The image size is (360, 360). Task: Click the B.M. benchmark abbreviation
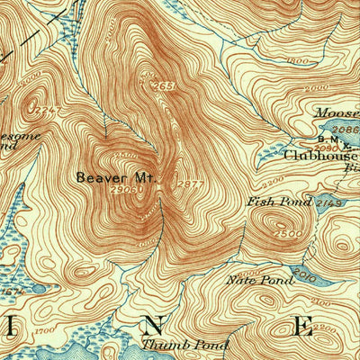pyautogui.click(x=328, y=140)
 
